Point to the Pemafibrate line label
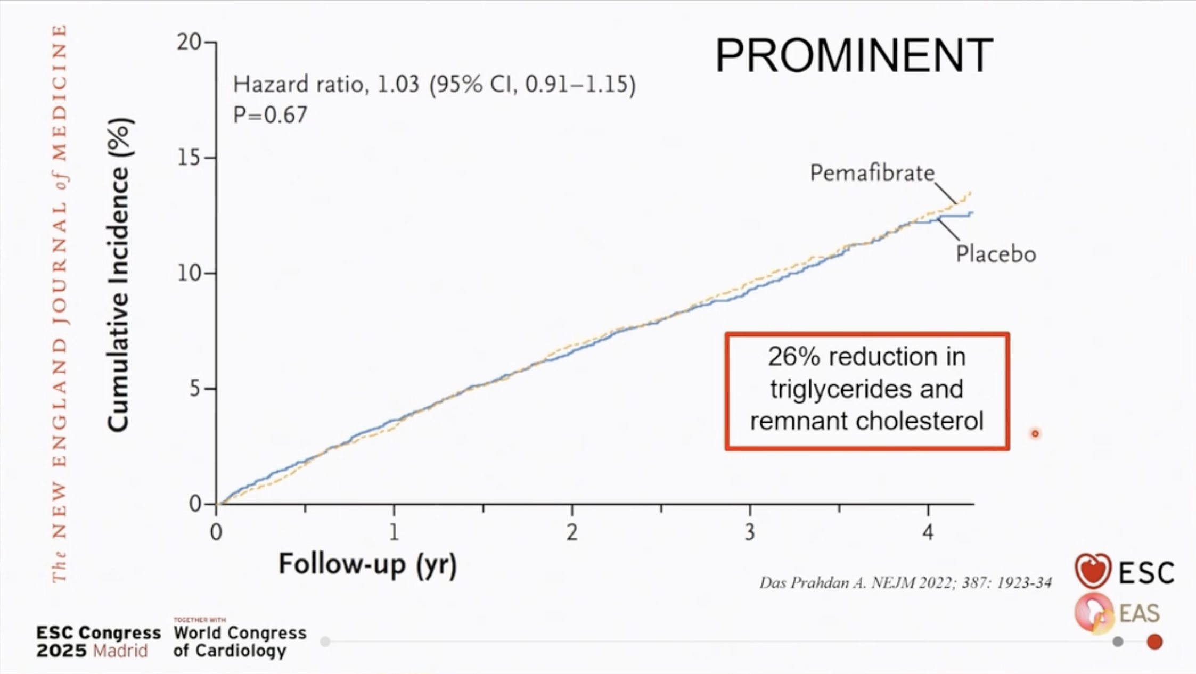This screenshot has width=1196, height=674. click(872, 173)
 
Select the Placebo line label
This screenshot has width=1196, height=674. click(995, 254)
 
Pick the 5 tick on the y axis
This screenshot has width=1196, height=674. click(194, 389)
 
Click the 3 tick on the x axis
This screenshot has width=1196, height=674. click(750, 532)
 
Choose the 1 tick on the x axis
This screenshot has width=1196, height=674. click(394, 532)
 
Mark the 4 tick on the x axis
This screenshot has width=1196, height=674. click(928, 532)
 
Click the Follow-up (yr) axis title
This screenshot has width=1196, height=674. click(367, 564)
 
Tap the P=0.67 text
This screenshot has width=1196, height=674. click(271, 115)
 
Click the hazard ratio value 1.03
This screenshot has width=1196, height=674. click(398, 84)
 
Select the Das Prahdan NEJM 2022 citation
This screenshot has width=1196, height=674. click(905, 583)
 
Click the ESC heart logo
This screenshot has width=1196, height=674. click(1093, 570)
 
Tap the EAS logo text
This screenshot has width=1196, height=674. click(1140, 614)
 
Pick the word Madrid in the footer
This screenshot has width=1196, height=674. click(120, 651)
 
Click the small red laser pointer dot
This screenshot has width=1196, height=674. click(1035, 434)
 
